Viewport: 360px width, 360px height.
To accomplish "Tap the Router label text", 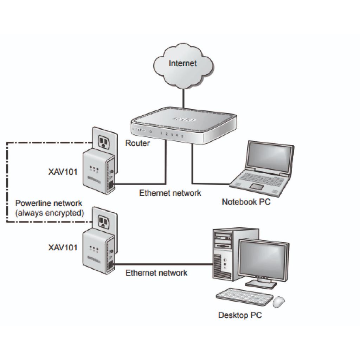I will coord(137,143).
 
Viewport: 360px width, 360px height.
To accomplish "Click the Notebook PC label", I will coord(246,202).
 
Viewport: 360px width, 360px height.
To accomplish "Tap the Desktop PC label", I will coord(240,315).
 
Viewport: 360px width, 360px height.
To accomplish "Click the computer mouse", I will coord(279,301).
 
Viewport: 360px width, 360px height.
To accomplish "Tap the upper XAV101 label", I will coord(63,172).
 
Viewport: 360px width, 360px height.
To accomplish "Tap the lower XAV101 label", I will coord(63,247).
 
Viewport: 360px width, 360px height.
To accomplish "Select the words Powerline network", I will coord(49,203).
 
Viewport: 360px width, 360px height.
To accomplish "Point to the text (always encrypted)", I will coord(49,212).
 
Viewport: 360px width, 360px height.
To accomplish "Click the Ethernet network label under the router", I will coord(170,193).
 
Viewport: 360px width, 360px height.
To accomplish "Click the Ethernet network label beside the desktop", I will coord(156,272).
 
